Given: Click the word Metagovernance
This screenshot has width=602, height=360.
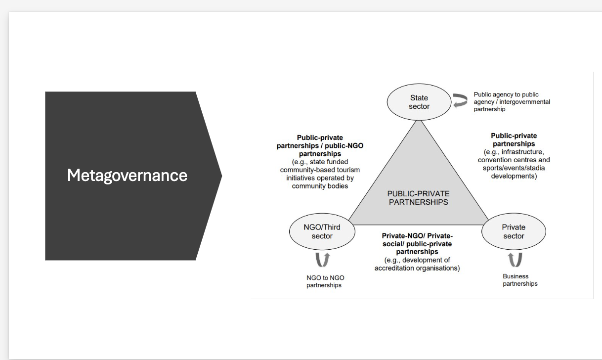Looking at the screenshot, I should (x=127, y=175).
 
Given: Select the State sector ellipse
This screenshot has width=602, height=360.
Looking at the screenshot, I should (x=419, y=102).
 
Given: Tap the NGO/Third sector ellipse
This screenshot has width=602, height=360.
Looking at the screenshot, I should (x=322, y=232).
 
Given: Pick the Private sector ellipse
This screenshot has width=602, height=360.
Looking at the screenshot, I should (x=514, y=232).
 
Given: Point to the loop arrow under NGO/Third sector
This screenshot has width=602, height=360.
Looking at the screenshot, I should (x=322, y=260).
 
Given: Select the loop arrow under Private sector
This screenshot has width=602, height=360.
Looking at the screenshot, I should (x=515, y=259).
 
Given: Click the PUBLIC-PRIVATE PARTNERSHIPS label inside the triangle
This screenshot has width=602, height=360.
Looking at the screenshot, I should (x=418, y=198).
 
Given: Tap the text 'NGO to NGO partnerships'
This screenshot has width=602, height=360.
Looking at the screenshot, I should (x=325, y=281).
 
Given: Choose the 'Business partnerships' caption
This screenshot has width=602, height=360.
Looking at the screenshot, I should (x=519, y=280).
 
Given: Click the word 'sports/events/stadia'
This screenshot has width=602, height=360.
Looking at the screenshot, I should (x=514, y=168).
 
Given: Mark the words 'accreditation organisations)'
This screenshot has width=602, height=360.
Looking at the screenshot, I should (x=417, y=269).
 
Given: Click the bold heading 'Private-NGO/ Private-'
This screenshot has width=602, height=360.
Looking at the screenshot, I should (x=417, y=236).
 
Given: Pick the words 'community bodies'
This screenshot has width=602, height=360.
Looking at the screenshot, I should (x=320, y=186).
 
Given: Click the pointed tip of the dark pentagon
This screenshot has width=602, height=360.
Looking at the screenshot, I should (x=221, y=176).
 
